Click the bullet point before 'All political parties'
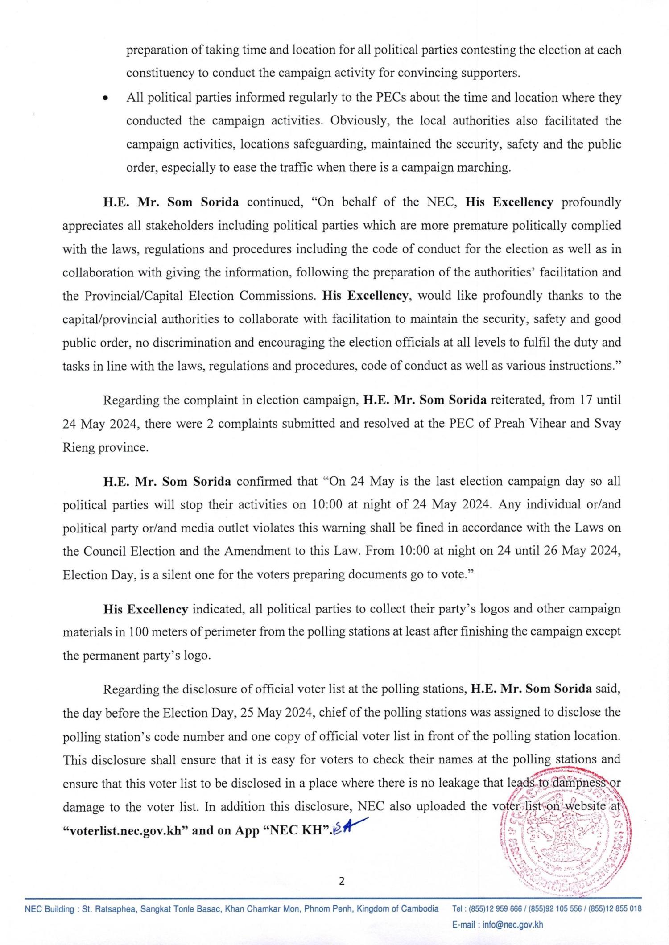coord(105,99)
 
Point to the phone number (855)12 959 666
coord(495,908)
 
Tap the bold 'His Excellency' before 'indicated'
coord(145,609)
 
